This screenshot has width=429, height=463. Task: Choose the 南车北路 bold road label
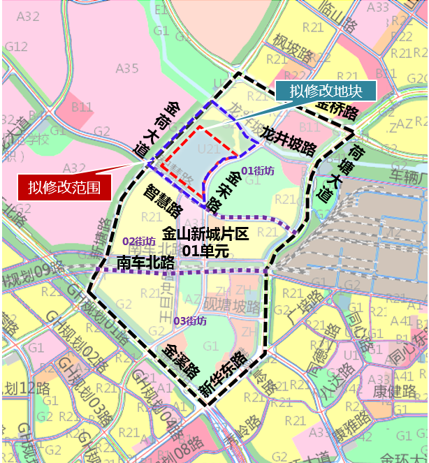tap(145, 263)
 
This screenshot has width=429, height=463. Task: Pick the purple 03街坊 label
tap(190, 321)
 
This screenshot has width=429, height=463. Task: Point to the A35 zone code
tap(127, 68)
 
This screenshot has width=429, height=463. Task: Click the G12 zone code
tap(16, 47)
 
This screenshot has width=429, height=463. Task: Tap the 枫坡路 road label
tap(292, 53)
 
